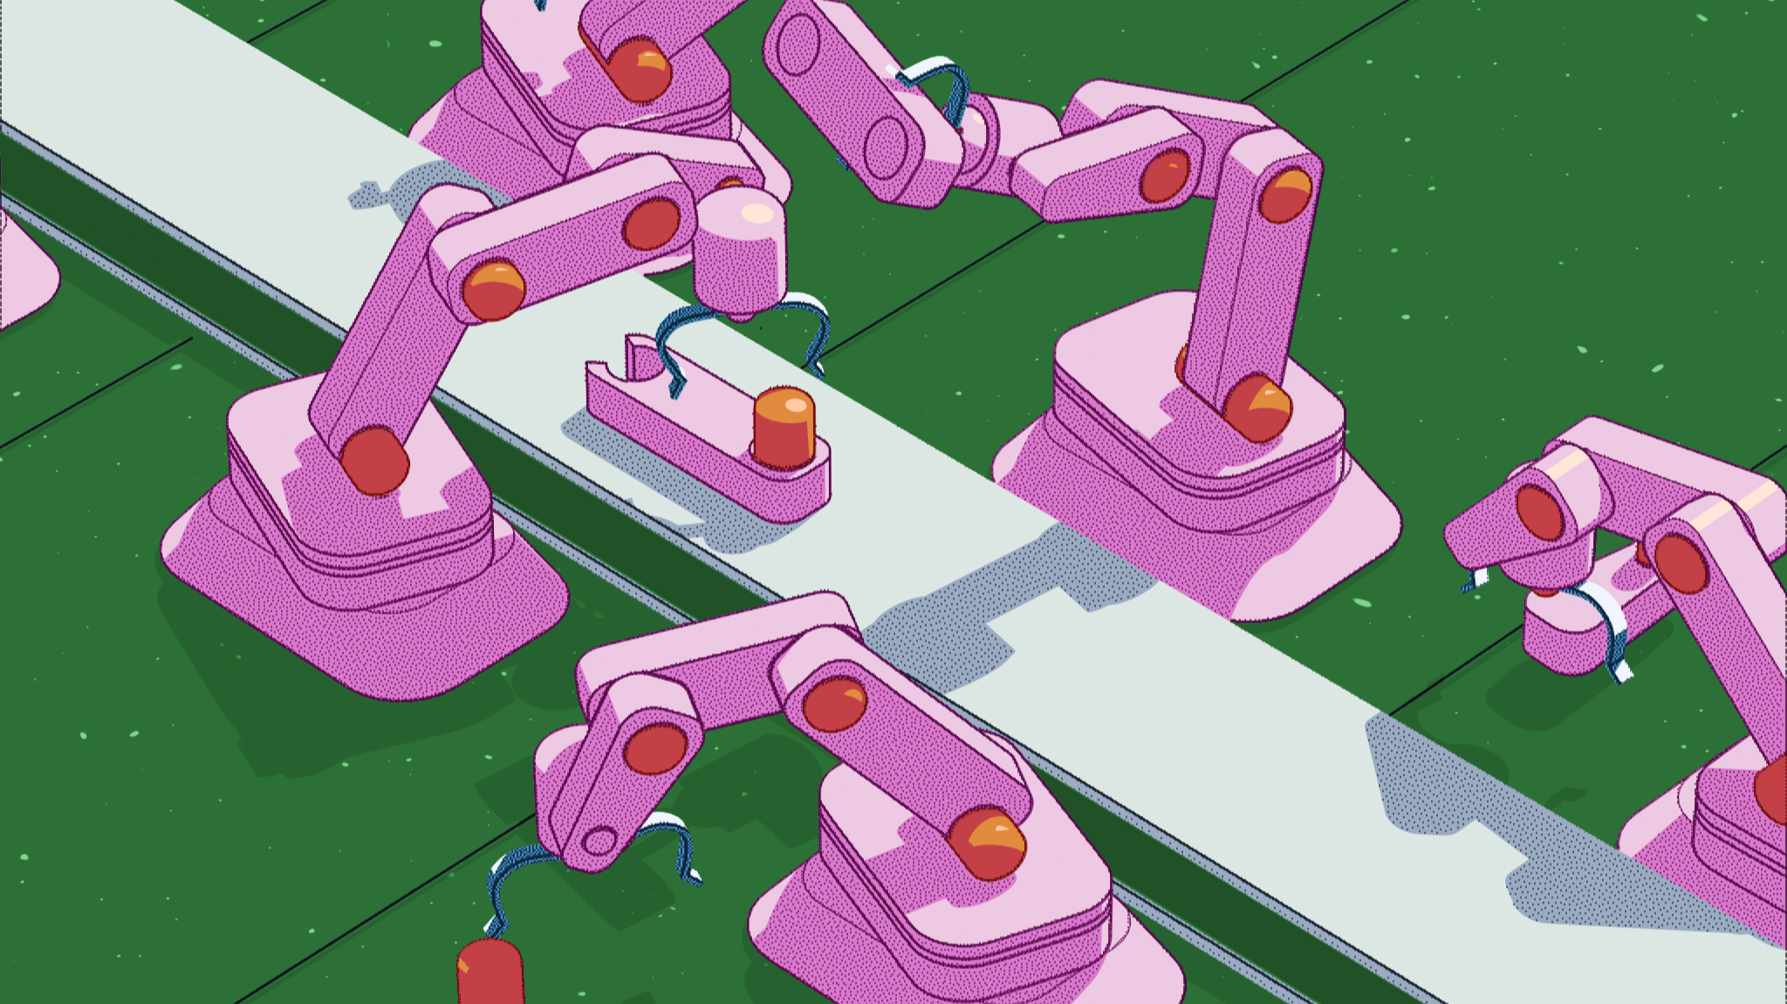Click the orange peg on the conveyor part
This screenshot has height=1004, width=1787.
tap(783, 428)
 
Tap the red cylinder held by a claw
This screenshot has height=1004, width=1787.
tap(490, 971)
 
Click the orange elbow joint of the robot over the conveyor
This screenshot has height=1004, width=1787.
tap(494, 288)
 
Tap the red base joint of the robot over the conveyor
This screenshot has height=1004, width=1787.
tap(374, 459)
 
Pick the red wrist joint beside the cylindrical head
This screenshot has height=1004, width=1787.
tap(651, 223)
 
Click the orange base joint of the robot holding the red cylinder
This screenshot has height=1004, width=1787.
tap(987, 842)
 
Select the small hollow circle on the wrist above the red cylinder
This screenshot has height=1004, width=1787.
tap(599, 842)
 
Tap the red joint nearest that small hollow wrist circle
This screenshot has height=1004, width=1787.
tap(655, 748)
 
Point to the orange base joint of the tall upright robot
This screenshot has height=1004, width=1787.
tap(1256, 409)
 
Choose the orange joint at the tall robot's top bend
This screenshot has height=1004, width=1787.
tap(1285, 194)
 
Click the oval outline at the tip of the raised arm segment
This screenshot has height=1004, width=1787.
tap(798, 45)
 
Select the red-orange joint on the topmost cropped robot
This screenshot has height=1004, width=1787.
tap(639, 68)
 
